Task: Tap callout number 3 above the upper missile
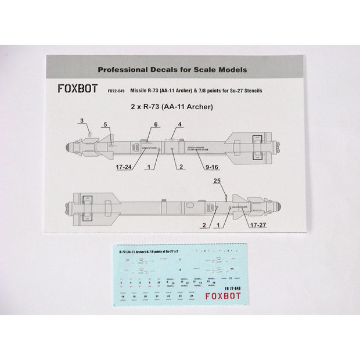pos(82,120)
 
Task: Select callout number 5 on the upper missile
pos(106,125)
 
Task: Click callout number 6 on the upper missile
pos(156,125)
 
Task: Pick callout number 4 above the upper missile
pos(181,125)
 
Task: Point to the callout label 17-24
pos(127,167)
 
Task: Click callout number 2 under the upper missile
pos(181,167)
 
